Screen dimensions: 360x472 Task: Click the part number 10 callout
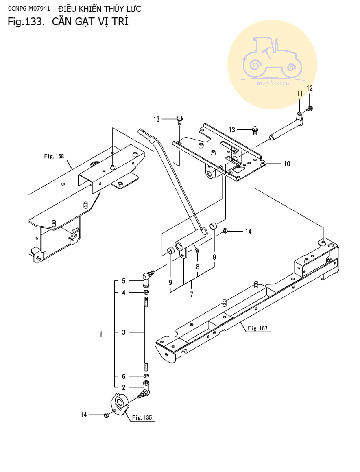pyautogui.click(x=287, y=164)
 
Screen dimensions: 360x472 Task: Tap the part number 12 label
pyautogui.click(x=310, y=88)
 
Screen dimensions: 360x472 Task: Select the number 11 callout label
pyautogui.click(x=299, y=94)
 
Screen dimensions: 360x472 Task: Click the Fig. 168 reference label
pyautogui.click(x=54, y=156)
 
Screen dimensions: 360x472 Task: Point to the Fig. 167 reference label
pyautogui.click(x=257, y=328)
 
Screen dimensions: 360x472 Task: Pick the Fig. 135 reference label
pyautogui.click(x=142, y=417)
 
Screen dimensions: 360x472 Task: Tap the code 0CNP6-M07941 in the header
pyautogui.click(x=29, y=9)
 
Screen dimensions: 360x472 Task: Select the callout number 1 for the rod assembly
pyautogui.click(x=101, y=334)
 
